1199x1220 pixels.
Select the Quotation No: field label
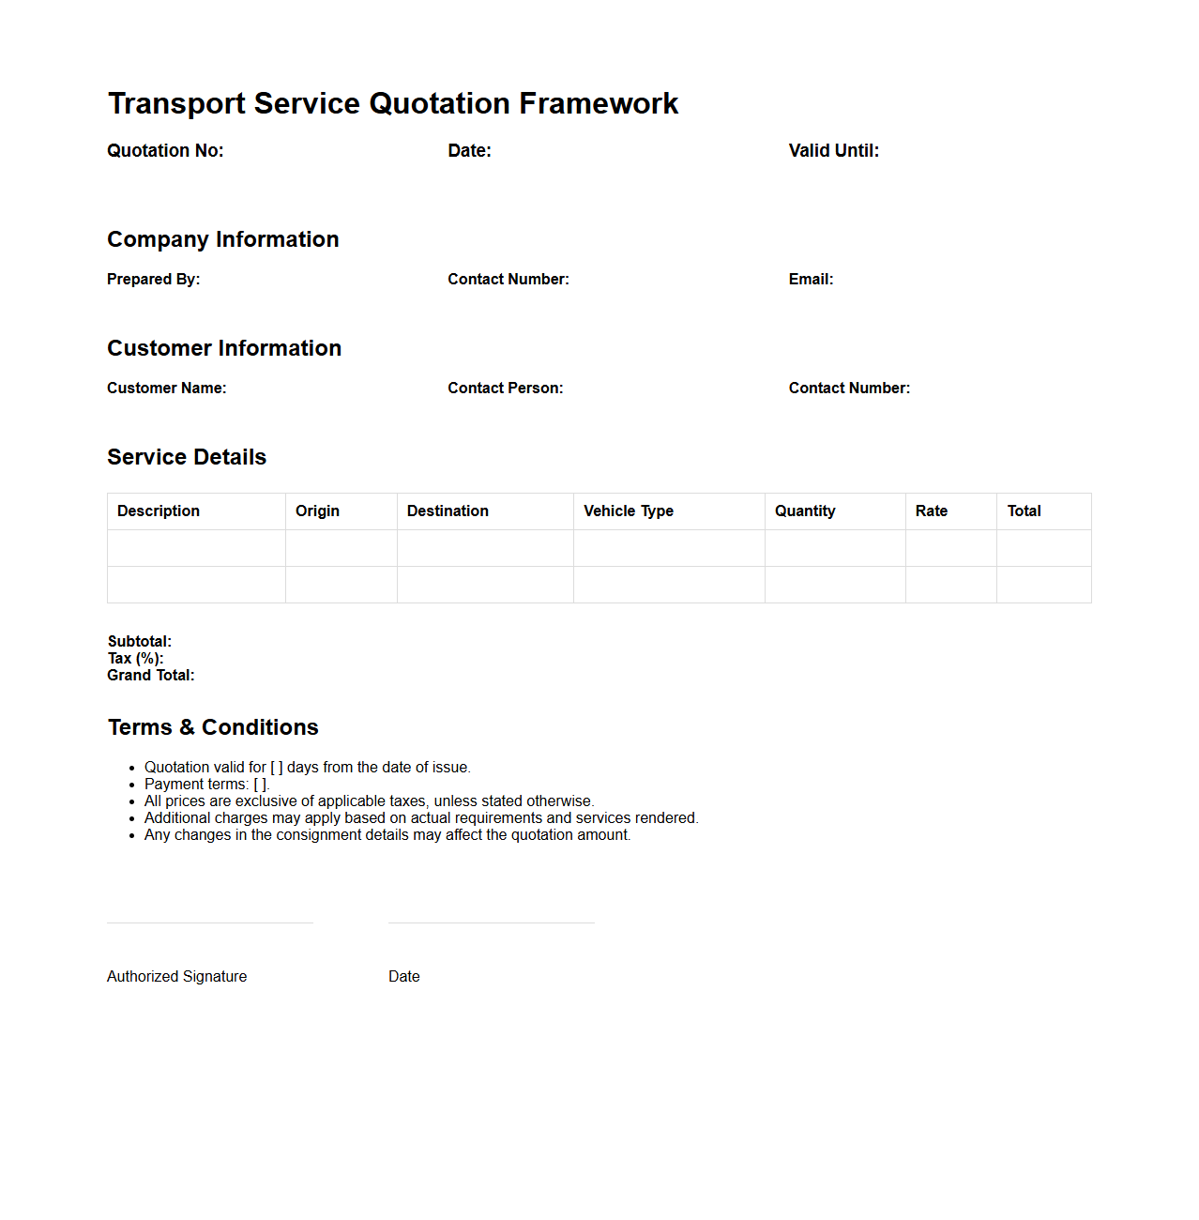[x=165, y=151]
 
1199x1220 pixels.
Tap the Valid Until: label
[x=833, y=151]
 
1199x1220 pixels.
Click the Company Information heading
[x=222, y=239]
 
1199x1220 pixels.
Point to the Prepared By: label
[x=153, y=280]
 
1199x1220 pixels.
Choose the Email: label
[x=811, y=280]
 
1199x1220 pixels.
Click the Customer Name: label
[x=166, y=389]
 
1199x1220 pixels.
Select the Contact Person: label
[x=505, y=389]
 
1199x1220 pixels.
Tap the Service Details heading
[x=187, y=457]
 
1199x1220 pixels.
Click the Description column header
[x=159, y=511]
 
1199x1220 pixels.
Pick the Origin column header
[x=317, y=511]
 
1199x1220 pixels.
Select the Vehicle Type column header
[x=629, y=511]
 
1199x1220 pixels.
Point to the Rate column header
[x=932, y=511]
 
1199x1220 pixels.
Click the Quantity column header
[x=805, y=511]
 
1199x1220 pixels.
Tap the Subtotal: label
[x=139, y=642]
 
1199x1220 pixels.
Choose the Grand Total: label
[x=150, y=676]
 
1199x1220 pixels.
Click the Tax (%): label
[x=135, y=659]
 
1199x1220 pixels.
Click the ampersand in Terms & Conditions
[x=187, y=728]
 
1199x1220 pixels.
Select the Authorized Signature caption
[x=176, y=977]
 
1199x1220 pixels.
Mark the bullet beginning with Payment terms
[x=206, y=785]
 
